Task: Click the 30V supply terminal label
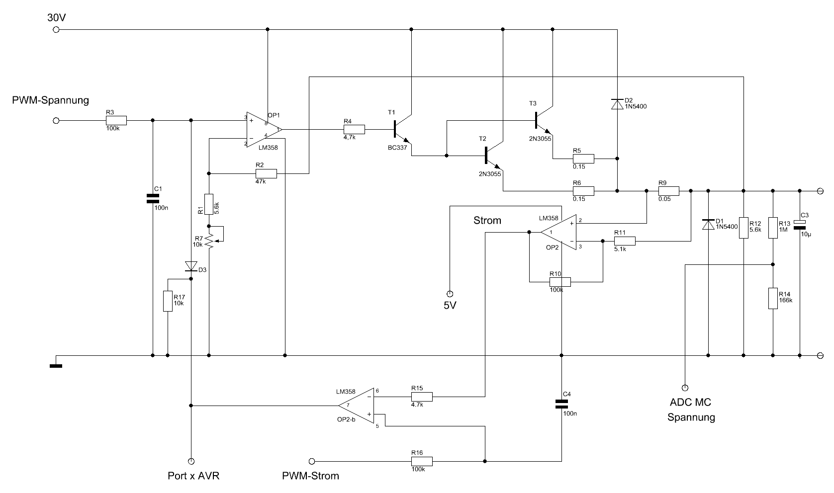tap(57, 17)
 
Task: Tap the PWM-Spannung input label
tap(50, 100)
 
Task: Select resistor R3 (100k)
tap(116, 121)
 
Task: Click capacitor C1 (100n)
tap(153, 198)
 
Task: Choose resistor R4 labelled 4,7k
tap(354, 130)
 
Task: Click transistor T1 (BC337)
tap(402, 130)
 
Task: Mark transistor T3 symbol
tap(544, 120)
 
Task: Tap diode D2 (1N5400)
tap(617, 104)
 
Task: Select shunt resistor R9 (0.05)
tap(669, 191)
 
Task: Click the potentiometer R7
tap(211, 241)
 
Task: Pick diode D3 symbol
tap(191, 266)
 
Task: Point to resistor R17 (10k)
tap(168, 301)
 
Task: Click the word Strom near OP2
tap(487, 220)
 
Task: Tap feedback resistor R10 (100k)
tap(560, 282)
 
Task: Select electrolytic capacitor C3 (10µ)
tap(800, 225)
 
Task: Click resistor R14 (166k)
tap(773, 298)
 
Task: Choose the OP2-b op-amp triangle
tap(356, 406)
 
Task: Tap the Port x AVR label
tap(193, 476)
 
